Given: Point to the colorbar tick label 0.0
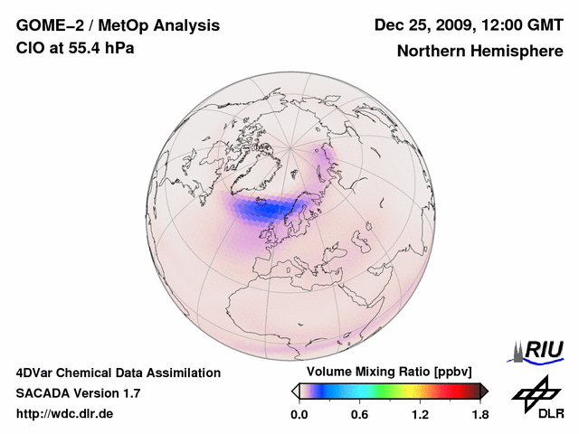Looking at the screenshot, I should click(299, 415).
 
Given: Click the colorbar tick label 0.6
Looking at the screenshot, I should click(359, 415).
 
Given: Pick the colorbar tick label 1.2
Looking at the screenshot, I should click(420, 415).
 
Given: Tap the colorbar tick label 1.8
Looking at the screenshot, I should click(479, 415).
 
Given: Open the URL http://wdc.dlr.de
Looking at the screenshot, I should click(65, 414).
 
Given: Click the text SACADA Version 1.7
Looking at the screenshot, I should click(78, 393).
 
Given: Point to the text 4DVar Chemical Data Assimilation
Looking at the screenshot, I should click(119, 373).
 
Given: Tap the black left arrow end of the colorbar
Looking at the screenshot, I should click(295, 391).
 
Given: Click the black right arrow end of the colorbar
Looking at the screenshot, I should click(484, 391).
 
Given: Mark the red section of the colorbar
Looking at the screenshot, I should click(457, 391).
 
